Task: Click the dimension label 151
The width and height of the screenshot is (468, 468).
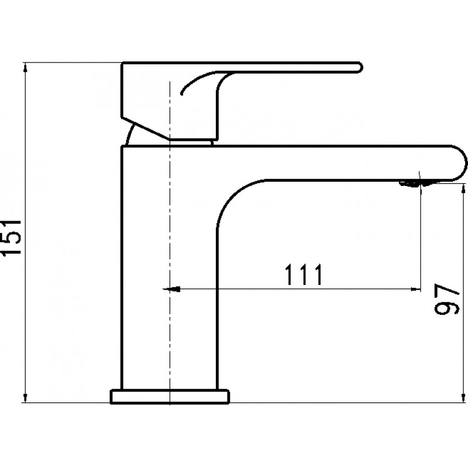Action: click(11, 238)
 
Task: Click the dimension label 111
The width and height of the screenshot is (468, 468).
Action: click(304, 274)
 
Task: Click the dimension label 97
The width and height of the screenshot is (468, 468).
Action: click(446, 299)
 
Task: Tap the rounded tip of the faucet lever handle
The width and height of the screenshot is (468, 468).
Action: click(360, 67)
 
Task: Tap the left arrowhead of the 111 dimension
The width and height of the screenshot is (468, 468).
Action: click(171, 289)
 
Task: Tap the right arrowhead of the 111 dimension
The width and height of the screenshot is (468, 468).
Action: click(416, 289)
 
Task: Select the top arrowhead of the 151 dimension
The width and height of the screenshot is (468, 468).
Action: click(25, 67)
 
